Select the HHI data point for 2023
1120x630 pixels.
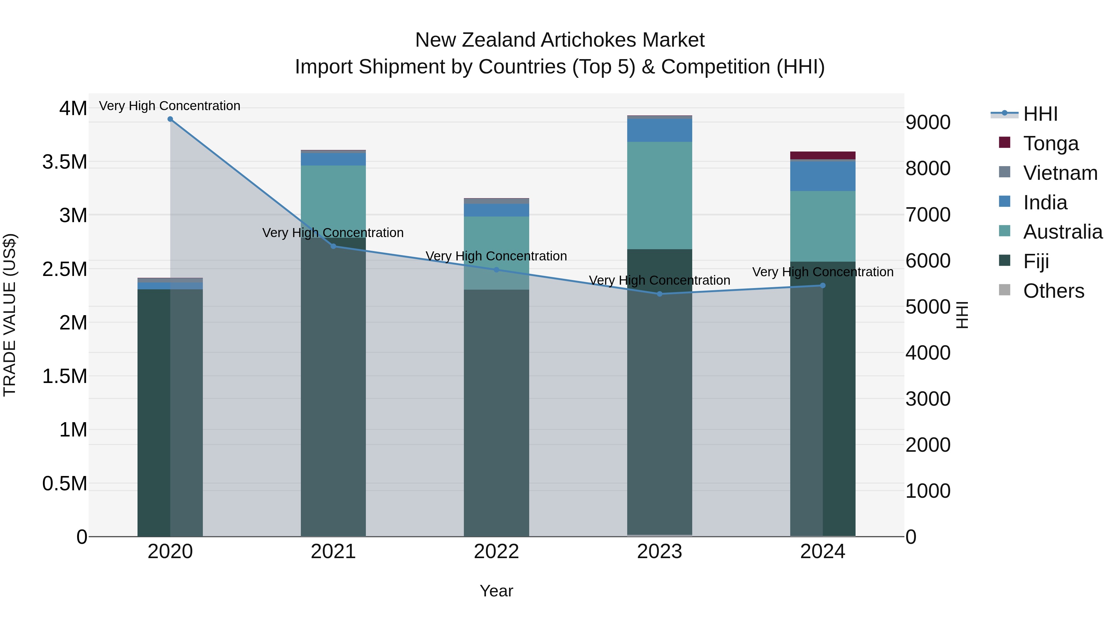[659, 294]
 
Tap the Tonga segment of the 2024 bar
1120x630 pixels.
[823, 155]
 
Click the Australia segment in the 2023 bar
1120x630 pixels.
[659, 196]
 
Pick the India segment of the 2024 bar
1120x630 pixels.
[823, 176]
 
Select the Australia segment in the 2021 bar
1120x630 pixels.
[333, 196]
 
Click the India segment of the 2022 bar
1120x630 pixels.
[496, 210]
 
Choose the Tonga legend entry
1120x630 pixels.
[1050, 143]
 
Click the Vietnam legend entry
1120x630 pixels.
[1060, 173]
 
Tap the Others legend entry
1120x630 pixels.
[1053, 291]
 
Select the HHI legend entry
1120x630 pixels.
[1040, 114]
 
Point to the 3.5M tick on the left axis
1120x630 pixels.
[65, 162]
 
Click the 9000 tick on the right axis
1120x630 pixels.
[928, 123]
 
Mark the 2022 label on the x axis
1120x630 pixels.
[496, 552]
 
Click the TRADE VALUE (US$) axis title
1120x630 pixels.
[10, 315]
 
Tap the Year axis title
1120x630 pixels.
[496, 591]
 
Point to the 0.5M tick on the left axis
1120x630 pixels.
[65, 483]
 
